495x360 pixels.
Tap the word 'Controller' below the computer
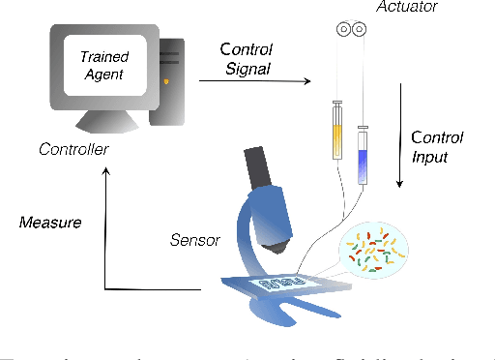(x=73, y=149)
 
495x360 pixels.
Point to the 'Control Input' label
(x=437, y=146)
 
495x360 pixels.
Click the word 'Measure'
(x=50, y=223)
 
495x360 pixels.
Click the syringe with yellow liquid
(x=336, y=131)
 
